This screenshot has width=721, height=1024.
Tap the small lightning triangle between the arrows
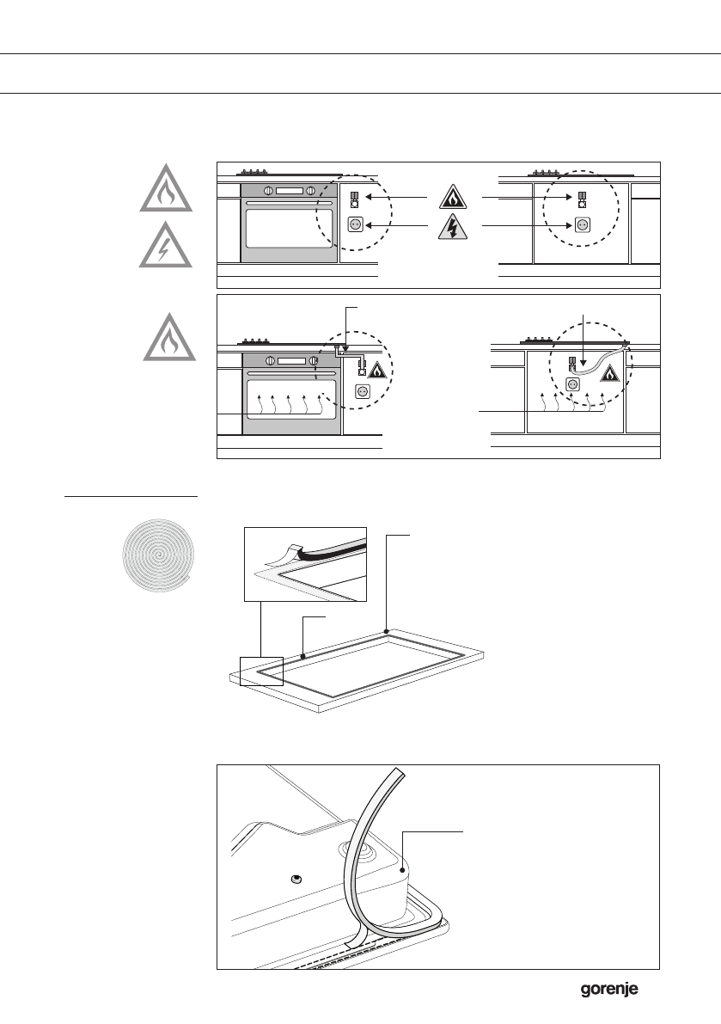click(x=454, y=227)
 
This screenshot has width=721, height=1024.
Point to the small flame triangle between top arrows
click(x=454, y=198)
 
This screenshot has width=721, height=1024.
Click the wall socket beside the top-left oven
click(x=355, y=225)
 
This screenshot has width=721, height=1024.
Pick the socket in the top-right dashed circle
click(x=582, y=224)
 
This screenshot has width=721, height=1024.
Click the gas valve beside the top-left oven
click(x=355, y=200)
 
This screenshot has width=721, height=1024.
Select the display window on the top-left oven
click(x=290, y=191)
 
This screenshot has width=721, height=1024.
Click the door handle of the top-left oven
click(x=289, y=203)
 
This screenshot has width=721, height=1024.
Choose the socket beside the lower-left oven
click(x=362, y=391)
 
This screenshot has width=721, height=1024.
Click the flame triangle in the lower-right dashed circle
click(x=608, y=373)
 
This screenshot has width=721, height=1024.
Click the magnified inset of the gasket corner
click(x=305, y=563)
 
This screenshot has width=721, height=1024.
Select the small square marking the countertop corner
click(x=261, y=670)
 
